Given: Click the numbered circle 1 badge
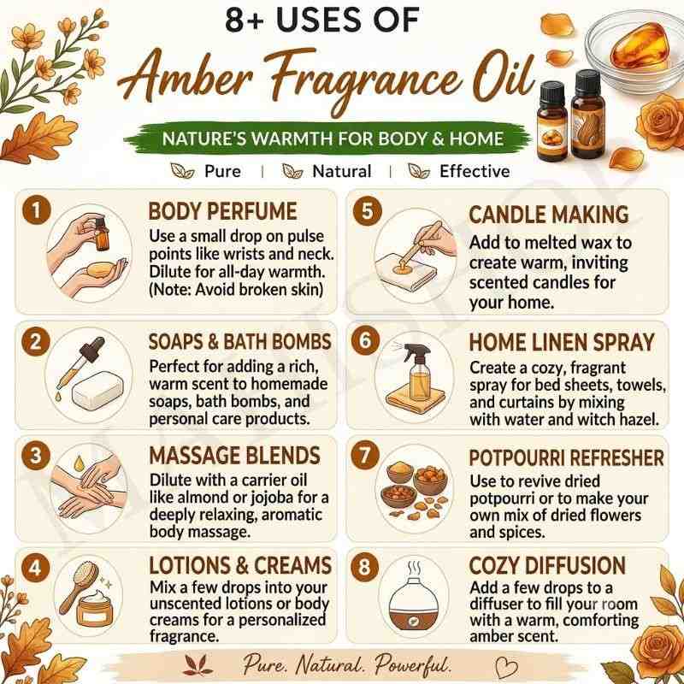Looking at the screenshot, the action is pyautogui.click(x=36, y=210).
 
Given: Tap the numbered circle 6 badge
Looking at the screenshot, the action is pyautogui.click(x=366, y=340).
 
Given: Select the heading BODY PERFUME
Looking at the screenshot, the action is pyautogui.click(x=222, y=211).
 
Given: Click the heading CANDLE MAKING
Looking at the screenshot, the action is pyautogui.click(x=549, y=215).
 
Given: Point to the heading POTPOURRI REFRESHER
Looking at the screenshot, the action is pyautogui.click(x=566, y=458).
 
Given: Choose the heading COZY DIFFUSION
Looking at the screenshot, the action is pyautogui.click(x=547, y=565).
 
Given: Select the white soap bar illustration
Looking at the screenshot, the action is pyautogui.click(x=97, y=390).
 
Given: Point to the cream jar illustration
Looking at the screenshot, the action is pyautogui.click(x=94, y=606).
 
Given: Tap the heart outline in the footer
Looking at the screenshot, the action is pyautogui.click(x=507, y=667).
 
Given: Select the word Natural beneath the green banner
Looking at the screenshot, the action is pyautogui.click(x=341, y=172).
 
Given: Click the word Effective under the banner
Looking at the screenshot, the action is pyautogui.click(x=475, y=172).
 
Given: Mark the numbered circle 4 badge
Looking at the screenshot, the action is pyautogui.click(x=35, y=568).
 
